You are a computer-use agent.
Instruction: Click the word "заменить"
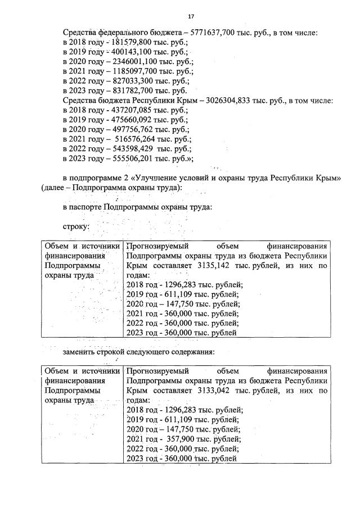81,352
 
